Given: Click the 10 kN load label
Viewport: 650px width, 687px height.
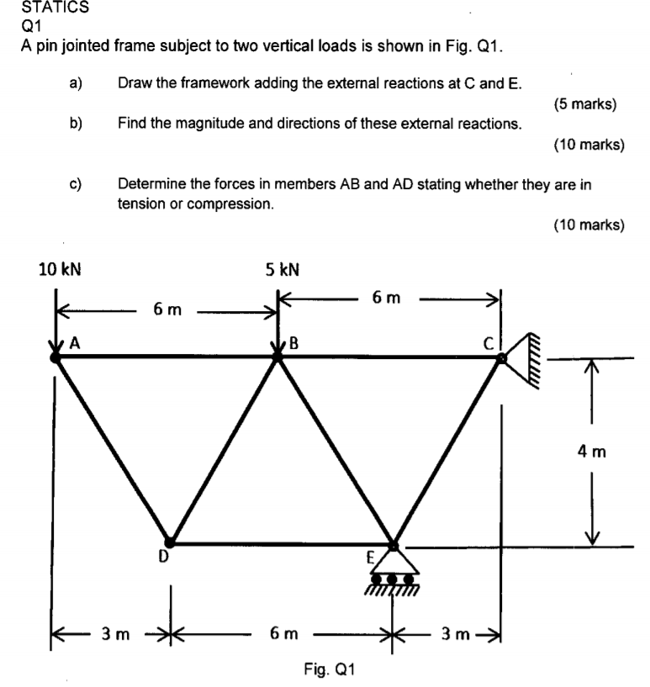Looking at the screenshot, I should click(x=61, y=270).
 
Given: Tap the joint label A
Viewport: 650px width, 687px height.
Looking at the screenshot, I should click(x=74, y=342).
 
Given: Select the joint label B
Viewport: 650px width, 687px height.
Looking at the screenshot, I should click(x=293, y=342).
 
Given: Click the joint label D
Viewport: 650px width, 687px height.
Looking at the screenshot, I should click(x=165, y=556).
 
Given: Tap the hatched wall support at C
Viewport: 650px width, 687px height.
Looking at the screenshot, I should click(x=522, y=357).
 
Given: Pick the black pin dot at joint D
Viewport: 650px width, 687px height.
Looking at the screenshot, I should click(x=169, y=542).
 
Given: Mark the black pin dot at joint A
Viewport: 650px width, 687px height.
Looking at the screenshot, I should click(x=55, y=357).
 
